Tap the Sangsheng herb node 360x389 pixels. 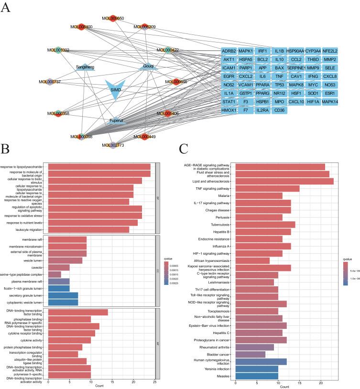pos(86,67)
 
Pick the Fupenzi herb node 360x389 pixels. pos(115,120)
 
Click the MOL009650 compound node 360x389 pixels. pos(113,18)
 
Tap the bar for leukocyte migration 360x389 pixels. pos(88,229)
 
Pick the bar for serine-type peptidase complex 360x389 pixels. pos(55,274)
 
